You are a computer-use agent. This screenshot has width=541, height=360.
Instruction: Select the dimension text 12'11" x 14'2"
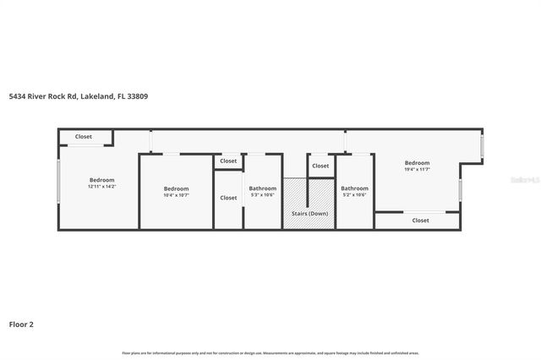pos(101,186)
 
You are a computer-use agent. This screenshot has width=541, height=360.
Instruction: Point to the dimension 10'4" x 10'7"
pos(176,194)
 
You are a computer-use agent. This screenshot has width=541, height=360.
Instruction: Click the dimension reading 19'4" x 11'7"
pos(417,169)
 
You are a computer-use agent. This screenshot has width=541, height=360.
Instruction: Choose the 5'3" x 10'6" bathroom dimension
pos(263,194)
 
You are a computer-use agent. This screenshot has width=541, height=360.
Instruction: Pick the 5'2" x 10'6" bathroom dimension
pos(354,194)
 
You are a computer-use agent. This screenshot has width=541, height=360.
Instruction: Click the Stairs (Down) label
pos(309,214)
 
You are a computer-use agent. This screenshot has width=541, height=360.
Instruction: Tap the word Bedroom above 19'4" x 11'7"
pos(417,162)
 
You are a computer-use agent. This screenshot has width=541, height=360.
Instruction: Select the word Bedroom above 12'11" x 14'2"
pos(101,179)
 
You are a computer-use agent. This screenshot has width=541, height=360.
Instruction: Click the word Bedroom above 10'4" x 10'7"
pos(176,188)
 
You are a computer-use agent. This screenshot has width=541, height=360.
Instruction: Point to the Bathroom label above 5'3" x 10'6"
pos(263,188)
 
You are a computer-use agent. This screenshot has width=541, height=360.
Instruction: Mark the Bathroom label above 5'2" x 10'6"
pos(354,188)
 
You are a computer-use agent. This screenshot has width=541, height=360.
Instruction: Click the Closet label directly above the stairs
pos(320,166)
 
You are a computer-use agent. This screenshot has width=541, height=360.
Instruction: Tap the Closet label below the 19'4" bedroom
pos(420,221)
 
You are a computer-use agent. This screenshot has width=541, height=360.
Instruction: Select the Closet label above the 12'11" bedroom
pos(84,137)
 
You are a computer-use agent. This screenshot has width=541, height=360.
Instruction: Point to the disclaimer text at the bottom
pos(270,352)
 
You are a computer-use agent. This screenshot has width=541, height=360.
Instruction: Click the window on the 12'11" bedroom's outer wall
pos(57,182)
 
